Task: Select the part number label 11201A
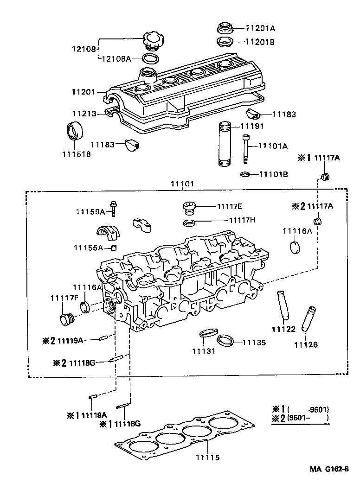pos(260,27)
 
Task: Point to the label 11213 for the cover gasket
pos(84,113)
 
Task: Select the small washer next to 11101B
pos(245,174)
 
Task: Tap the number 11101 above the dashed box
pos(182,184)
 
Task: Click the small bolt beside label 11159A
pos(113,209)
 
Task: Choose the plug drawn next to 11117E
pos(189,207)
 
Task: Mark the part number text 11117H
pos(242,220)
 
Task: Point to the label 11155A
pos(88,248)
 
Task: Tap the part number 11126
pos(305,344)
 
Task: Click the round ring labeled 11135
pos(225,340)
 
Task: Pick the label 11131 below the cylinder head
pos(204,351)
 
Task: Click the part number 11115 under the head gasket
pos(207,457)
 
